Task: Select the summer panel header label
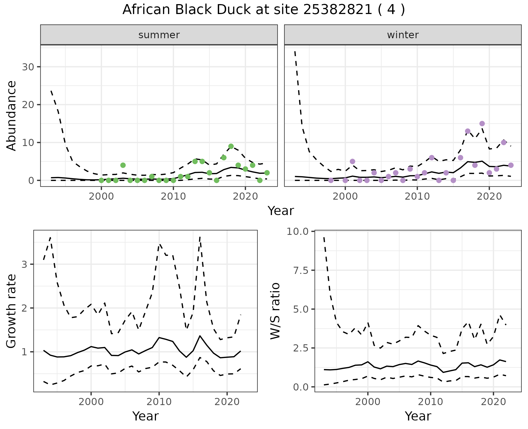coord(159,35)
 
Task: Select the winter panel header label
coord(403,35)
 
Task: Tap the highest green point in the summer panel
coord(231,146)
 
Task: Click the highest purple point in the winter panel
coord(482,123)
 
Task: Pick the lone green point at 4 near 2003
coord(123,165)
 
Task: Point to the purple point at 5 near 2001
coord(353,161)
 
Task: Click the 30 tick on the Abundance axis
coord(28,67)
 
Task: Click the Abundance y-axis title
coord(12,116)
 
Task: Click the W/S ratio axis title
coord(275,311)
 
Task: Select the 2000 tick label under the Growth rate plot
coord(91,402)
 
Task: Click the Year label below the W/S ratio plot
coord(418,416)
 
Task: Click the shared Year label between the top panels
coord(281,211)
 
